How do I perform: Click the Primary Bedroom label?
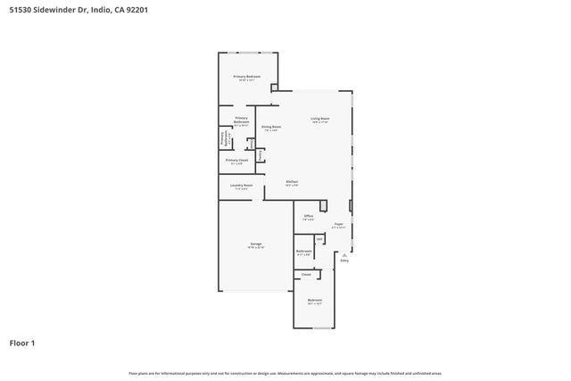click(x=247, y=77)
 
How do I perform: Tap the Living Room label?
click(x=320, y=119)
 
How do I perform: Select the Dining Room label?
click(x=271, y=127)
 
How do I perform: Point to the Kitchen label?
click(x=292, y=181)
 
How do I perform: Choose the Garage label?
click(x=256, y=244)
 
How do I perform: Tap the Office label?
click(x=308, y=216)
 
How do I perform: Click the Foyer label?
click(x=338, y=224)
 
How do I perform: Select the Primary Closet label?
click(x=237, y=161)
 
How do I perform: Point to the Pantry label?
click(x=260, y=154)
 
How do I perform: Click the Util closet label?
click(x=319, y=238)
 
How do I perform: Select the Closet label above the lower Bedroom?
click(x=306, y=275)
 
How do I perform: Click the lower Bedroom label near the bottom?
click(x=315, y=300)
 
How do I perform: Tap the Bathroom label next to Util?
click(x=303, y=252)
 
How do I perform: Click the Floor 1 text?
click(x=22, y=343)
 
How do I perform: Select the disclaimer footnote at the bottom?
click(x=285, y=373)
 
